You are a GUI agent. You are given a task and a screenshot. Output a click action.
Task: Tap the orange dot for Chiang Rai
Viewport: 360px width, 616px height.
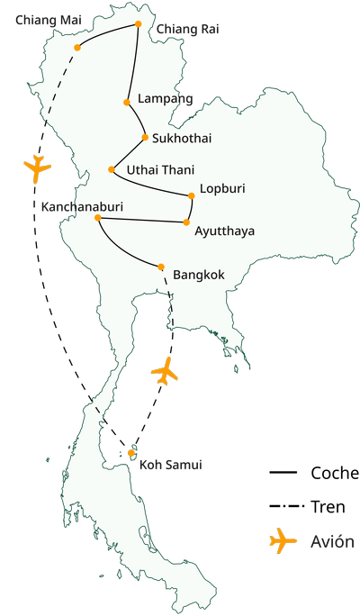[x=137, y=24]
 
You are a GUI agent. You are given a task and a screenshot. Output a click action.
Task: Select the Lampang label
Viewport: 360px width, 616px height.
[x=166, y=98]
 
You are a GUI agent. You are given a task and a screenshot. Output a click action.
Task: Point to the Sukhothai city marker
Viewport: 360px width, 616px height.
[x=144, y=138]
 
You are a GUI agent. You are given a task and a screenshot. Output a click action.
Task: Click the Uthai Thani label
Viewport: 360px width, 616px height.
[x=160, y=169]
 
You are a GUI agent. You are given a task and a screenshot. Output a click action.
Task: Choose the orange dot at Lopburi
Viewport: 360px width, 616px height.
[x=191, y=195]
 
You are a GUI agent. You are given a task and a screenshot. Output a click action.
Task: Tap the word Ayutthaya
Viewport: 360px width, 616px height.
[x=224, y=231]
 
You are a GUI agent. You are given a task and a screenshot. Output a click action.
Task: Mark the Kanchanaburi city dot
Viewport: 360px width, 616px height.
[x=97, y=218]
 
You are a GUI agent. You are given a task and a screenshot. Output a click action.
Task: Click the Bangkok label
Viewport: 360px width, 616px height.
[x=198, y=274]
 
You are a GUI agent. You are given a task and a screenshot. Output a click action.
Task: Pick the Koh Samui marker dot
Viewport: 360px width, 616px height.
[x=131, y=452]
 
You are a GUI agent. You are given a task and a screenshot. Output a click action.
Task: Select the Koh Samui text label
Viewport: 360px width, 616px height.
[x=170, y=465]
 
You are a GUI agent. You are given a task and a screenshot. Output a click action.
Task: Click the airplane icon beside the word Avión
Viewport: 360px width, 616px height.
[x=283, y=540]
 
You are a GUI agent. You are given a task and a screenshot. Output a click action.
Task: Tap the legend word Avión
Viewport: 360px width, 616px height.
[x=332, y=542]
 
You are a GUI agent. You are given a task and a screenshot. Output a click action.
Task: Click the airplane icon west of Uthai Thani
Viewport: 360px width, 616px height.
[x=37, y=168]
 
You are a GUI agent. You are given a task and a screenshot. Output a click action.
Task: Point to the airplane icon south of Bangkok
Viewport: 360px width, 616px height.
[x=164, y=370]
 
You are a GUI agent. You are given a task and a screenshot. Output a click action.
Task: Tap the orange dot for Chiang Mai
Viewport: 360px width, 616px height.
[x=78, y=48]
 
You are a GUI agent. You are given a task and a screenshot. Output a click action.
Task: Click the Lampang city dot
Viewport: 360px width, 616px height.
[x=128, y=102]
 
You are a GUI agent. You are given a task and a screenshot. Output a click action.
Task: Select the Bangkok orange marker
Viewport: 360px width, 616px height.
[x=161, y=267]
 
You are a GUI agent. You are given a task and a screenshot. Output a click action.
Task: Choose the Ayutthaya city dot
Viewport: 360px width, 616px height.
[x=186, y=222]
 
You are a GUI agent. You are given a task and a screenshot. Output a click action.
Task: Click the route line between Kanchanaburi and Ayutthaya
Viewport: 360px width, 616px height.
[x=142, y=220]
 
